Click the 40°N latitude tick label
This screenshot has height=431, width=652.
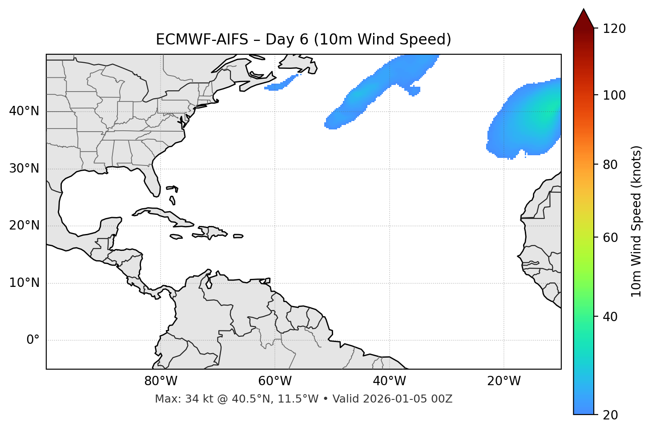24,111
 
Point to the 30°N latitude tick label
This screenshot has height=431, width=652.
24,169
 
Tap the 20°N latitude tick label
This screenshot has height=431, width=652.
24,226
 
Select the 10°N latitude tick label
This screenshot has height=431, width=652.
24,283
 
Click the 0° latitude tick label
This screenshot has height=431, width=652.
33,340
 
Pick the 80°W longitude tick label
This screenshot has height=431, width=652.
161,381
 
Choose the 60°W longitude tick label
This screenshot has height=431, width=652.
275,381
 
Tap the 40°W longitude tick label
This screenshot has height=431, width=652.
389,381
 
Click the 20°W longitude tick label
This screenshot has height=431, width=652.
504,381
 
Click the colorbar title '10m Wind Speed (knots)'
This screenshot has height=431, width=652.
636,221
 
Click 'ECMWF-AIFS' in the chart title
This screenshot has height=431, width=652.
201,40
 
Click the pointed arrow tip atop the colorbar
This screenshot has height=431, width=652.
584,11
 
